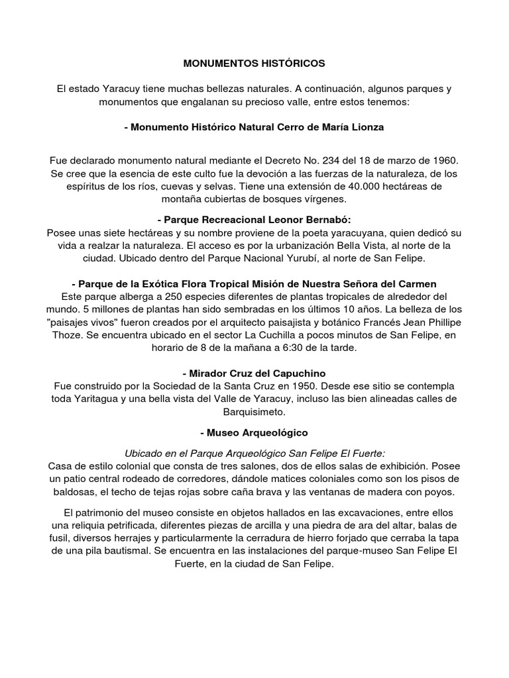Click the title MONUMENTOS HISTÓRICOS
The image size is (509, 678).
click(x=254, y=64)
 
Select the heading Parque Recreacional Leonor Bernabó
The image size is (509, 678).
click(x=254, y=219)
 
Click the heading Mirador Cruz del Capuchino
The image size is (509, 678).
click(x=254, y=373)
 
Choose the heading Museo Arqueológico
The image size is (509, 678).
click(x=254, y=432)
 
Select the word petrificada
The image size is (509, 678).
click(x=137, y=526)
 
